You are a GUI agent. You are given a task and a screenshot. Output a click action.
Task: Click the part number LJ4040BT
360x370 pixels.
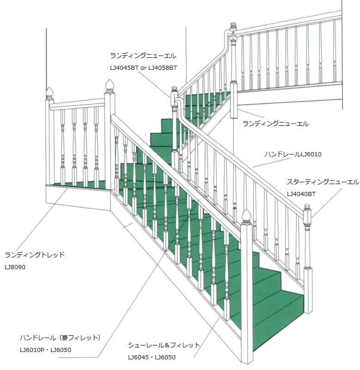click(x=301, y=194)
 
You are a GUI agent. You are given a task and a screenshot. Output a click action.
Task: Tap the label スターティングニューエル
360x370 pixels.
click(x=323, y=182)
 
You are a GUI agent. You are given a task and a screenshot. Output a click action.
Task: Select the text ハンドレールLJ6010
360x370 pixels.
click(x=293, y=154)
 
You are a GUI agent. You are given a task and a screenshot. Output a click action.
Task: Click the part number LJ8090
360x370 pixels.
click(x=15, y=267)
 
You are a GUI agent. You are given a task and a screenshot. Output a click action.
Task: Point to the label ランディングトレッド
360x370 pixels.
click(x=35, y=255)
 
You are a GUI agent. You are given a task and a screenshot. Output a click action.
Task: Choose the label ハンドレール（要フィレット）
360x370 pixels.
click(x=61, y=338)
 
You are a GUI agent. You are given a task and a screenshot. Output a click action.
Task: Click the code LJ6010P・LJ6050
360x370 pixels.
click(x=45, y=350)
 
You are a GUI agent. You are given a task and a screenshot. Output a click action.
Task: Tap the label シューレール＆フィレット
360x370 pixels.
click(x=164, y=345)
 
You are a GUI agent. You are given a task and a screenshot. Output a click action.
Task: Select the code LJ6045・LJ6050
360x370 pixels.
click(x=152, y=357)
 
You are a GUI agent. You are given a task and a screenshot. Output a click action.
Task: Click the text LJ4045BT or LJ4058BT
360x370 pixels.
click(x=143, y=68)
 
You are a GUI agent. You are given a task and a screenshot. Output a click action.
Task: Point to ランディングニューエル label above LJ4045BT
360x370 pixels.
click(x=143, y=56)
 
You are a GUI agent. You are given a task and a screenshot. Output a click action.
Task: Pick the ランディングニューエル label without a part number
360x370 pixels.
click(x=275, y=123)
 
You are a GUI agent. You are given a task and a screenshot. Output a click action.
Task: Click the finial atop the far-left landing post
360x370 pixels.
click(x=49, y=93)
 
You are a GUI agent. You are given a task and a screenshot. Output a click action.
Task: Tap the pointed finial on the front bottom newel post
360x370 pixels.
click(x=246, y=216)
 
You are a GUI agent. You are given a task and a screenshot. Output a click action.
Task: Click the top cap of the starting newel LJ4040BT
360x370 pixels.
click(x=307, y=207)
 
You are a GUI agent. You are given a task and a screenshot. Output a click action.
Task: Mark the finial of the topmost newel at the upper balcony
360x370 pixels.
click(x=233, y=25)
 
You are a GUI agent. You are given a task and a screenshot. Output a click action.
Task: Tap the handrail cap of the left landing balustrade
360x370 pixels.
click(x=77, y=104)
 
